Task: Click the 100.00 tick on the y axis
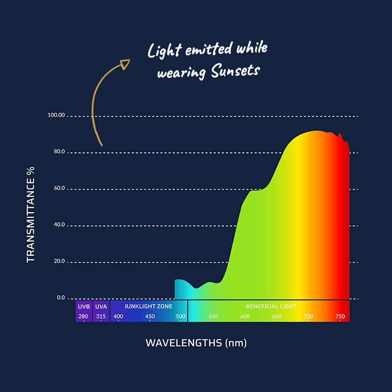(x=56, y=115)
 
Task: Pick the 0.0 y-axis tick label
(x=60, y=297)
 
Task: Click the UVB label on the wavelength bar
(x=83, y=306)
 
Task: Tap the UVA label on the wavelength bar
(x=101, y=306)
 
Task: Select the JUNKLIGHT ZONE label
(x=148, y=306)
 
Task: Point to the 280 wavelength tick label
(x=83, y=317)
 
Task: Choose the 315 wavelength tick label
(x=101, y=317)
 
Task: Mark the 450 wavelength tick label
(x=150, y=317)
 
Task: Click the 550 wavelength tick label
(x=213, y=317)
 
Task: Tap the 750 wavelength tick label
(x=340, y=317)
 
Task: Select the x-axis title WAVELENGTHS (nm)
(x=196, y=343)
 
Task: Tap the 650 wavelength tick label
(x=277, y=317)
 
